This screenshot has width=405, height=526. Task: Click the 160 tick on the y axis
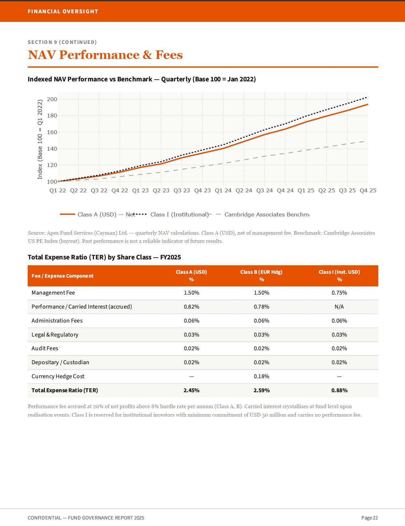52,132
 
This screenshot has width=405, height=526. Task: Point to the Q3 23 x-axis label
182,191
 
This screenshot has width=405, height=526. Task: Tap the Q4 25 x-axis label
368,191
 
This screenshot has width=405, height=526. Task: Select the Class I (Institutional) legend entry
171,215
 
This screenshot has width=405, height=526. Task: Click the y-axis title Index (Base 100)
40,140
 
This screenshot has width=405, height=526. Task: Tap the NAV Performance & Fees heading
105,55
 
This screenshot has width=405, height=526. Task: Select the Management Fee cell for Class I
339,293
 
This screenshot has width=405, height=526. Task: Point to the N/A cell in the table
339,307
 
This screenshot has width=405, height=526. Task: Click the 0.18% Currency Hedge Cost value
261,376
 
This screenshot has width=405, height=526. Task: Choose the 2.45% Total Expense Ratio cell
191,391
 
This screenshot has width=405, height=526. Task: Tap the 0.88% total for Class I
339,391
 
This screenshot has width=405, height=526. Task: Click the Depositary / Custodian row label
60,362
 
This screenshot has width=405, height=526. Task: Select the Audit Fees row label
45,348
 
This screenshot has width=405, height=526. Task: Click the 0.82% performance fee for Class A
191,307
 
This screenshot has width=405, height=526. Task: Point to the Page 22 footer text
370,518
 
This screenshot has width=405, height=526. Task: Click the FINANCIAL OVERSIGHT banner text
63,11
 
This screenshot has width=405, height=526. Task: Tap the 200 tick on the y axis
52,99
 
